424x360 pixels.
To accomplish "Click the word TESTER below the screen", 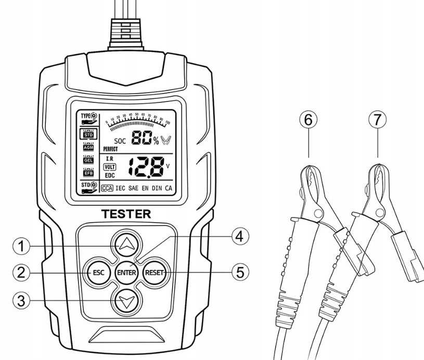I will [126, 214].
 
